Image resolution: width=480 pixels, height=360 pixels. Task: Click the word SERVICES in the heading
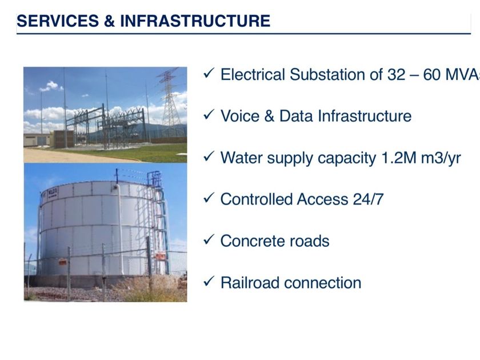pyautogui.click(x=58, y=21)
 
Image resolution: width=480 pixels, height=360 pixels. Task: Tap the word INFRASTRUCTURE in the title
pyautogui.click(x=195, y=21)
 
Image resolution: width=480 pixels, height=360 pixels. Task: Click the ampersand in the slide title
pyautogui.click(x=109, y=21)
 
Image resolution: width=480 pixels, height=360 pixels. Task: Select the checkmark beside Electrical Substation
pyautogui.click(x=209, y=74)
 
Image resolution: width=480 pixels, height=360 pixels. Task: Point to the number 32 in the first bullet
pyautogui.click(x=397, y=75)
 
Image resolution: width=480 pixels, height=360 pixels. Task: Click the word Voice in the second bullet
pyautogui.click(x=240, y=116)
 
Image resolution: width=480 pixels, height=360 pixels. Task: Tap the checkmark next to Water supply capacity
pyautogui.click(x=209, y=157)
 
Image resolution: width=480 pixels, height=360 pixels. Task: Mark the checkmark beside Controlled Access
pyautogui.click(x=209, y=198)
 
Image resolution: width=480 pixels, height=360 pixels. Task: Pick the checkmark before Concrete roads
pyautogui.click(x=209, y=239)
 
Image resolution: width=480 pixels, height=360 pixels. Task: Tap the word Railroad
pyautogui.click(x=250, y=282)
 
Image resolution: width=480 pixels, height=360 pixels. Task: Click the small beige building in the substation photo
pyautogui.click(x=37, y=140)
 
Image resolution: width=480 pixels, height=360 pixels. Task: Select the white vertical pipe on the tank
pyautogui.click(x=119, y=229)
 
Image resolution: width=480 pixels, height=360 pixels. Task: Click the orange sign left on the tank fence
pyautogui.click(x=62, y=262)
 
